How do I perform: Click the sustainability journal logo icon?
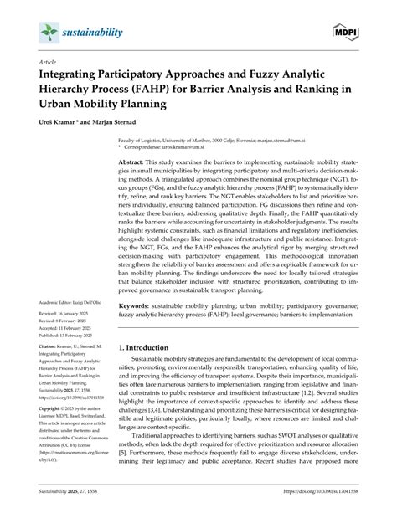[x=48, y=33]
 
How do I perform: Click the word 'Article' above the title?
[x=48, y=63]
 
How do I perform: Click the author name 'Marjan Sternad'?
[x=125, y=121]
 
